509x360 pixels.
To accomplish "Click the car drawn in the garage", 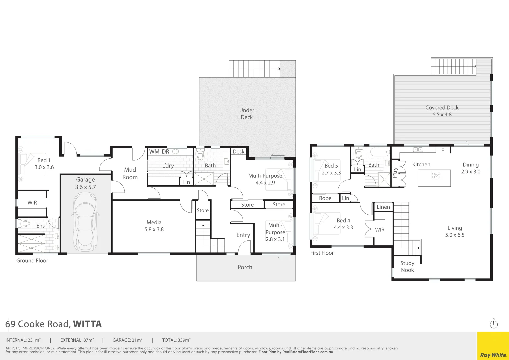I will pyautogui.click(x=85, y=220).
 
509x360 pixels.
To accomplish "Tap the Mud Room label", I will pyautogui.click(x=130, y=173).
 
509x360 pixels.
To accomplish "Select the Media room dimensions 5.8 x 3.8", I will pyautogui.click(x=154, y=229).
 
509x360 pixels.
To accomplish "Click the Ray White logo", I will pyautogui.click(x=493, y=355).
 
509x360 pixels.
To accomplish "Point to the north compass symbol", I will pyautogui.click(x=494, y=324).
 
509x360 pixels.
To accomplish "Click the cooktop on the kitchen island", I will pyautogui.click(x=436, y=175).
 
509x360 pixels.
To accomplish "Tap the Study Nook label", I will pyautogui.click(x=407, y=266).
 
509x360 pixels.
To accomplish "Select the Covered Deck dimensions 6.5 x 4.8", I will pyautogui.click(x=442, y=115).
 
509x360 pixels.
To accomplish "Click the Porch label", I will pyautogui.click(x=245, y=267).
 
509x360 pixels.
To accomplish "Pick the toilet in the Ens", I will pyautogui.click(x=24, y=223).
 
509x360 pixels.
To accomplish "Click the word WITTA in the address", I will pyautogui.click(x=87, y=324).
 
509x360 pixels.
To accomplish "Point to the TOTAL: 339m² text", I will pyautogui.click(x=176, y=340).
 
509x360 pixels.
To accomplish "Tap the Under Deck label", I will pyautogui.click(x=247, y=114).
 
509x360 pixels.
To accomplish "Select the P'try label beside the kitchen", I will pyautogui.click(x=395, y=173).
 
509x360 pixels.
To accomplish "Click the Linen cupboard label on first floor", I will pyautogui.click(x=383, y=207).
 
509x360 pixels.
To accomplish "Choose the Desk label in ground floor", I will pyautogui.click(x=238, y=152).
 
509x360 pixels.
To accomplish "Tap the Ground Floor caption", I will pyautogui.click(x=32, y=261).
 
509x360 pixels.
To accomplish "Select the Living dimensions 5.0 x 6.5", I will pyautogui.click(x=455, y=235).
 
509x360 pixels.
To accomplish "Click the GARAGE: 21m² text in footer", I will pyautogui.click(x=127, y=340).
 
